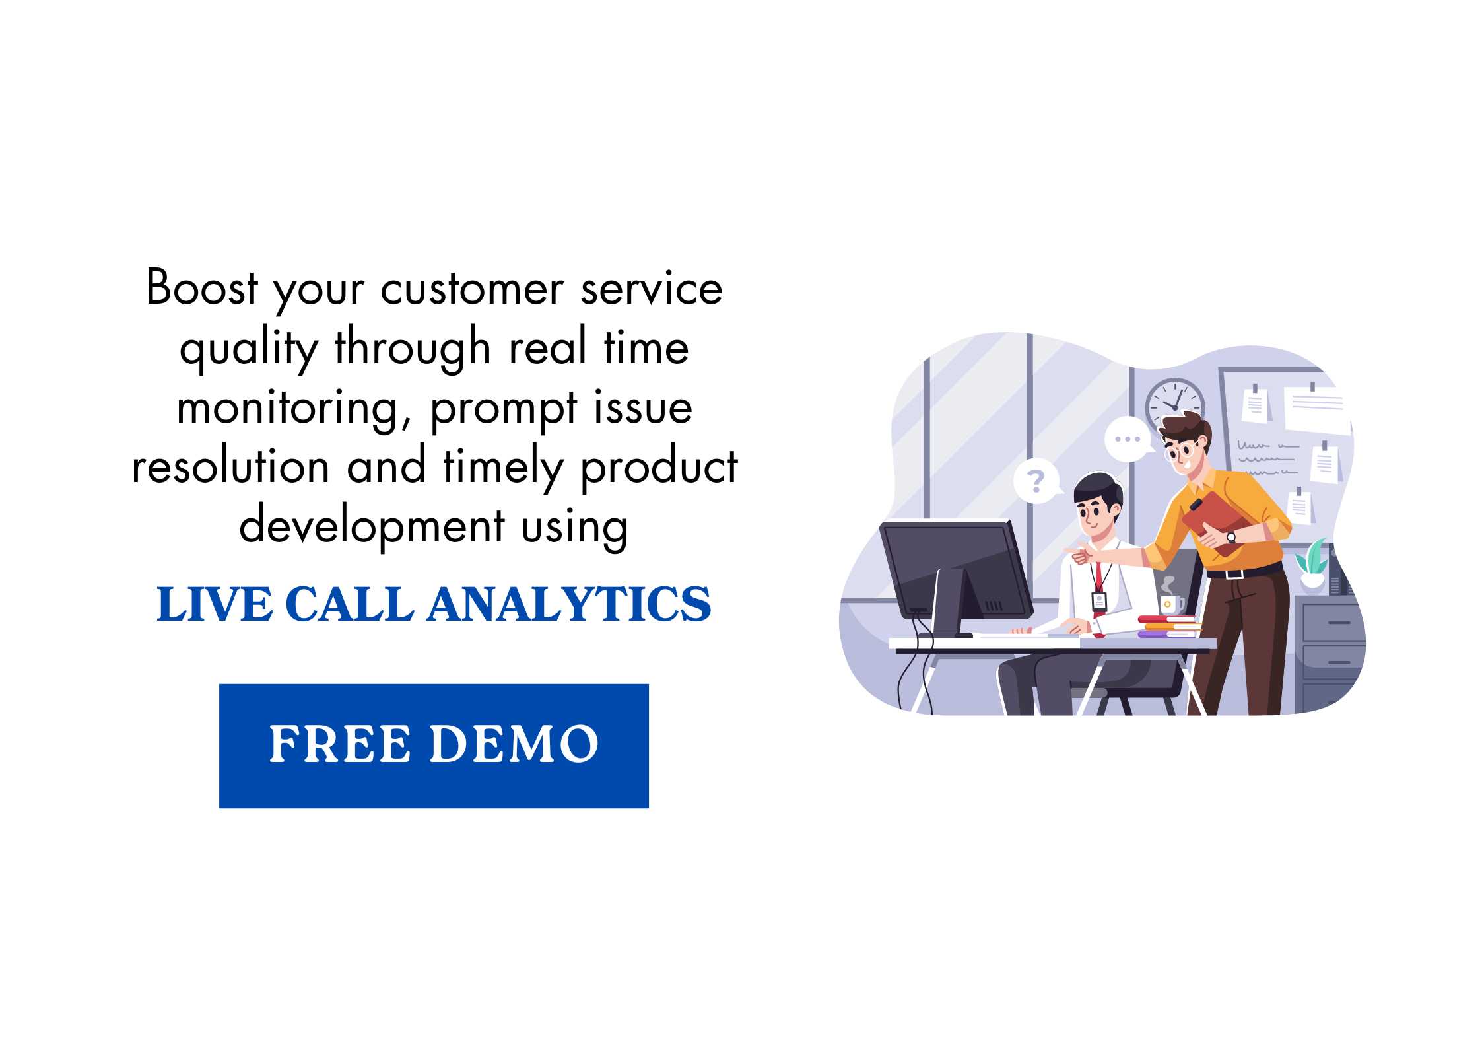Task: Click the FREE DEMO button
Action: point(434,746)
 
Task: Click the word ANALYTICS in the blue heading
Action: point(570,604)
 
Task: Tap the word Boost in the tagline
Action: point(202,288)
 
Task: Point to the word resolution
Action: point(230,466)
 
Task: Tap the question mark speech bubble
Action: point(1036,481)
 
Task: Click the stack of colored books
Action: point(1168,626)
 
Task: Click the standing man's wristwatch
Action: point(1231,537)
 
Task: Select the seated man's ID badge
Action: point(1099,601)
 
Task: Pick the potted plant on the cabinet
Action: point(1311,564)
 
